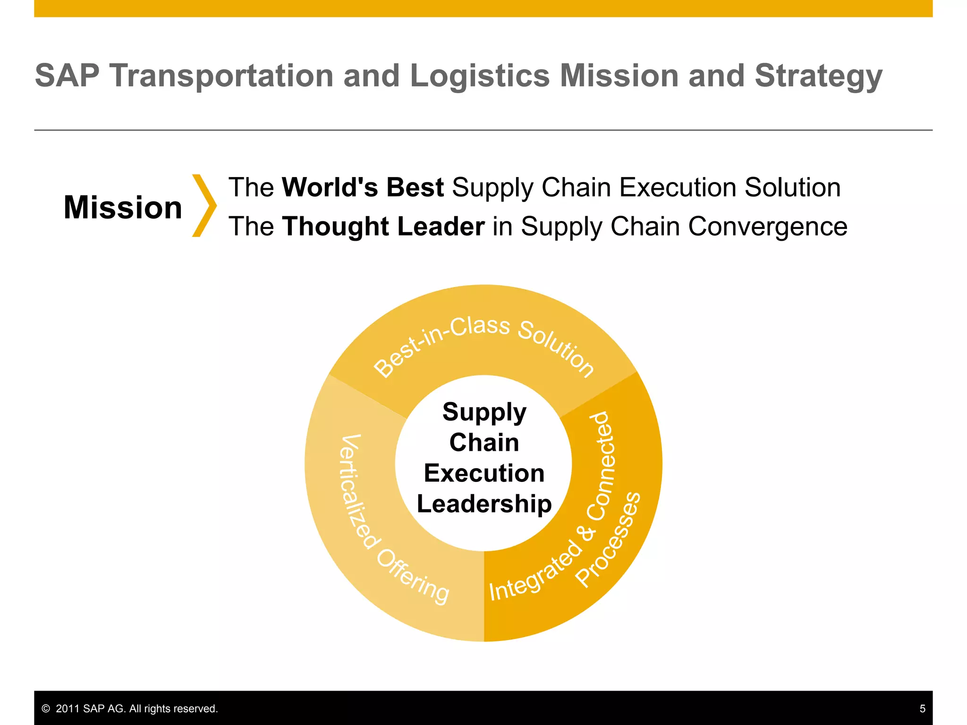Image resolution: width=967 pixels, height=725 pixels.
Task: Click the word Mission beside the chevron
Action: [123, 207]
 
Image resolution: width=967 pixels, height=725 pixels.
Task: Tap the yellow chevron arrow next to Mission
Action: [204, 206]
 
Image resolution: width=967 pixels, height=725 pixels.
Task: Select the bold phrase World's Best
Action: [363, 187]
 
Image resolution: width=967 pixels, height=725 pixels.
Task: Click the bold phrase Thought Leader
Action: [383, 227]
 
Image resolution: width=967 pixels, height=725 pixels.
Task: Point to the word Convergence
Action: [767, 227]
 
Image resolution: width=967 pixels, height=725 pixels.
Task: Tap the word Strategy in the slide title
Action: [818, 76]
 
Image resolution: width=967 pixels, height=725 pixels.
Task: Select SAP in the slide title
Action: [67, 76]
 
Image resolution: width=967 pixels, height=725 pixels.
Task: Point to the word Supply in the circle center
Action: [484, 413]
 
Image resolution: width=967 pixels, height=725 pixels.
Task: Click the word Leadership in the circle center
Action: [484, 504]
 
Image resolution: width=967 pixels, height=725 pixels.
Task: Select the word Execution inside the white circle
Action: [484, 473]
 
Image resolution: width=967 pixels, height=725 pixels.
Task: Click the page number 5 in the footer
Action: [922, 708]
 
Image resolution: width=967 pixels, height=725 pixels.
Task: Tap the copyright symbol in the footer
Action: [46, 708]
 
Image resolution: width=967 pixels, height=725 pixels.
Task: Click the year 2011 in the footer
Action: [68, 708]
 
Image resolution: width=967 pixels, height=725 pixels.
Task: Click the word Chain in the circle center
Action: [484, 443]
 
